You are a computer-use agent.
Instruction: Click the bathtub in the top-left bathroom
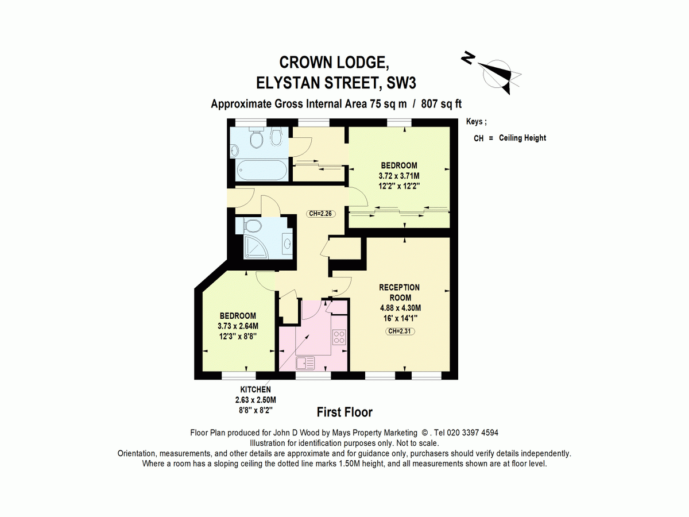coord(262,170)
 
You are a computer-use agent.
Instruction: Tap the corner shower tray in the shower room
coord(257,247)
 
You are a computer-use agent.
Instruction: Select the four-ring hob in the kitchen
coord(339,337)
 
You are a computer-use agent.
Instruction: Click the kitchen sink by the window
coord(305,364)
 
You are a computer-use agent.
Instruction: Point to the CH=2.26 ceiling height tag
coord(320,214)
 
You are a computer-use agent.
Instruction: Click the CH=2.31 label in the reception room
coord(400,331)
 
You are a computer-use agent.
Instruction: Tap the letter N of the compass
coord(468,58)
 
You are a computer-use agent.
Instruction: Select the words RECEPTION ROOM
coord(399,292)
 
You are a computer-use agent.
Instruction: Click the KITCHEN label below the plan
coord(256,389)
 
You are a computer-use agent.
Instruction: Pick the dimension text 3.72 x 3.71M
coord(399,176)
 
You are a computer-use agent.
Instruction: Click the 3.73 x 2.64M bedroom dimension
coord(238,326)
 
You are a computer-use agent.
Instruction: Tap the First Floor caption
coord(344,412)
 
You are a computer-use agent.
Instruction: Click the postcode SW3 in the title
coord(401,83)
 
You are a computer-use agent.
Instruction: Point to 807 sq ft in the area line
coord(441,103)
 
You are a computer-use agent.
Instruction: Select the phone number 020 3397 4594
coord(473,433)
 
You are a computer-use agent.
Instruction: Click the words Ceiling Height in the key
coord(522,138)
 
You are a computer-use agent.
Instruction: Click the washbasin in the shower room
coord(287,242)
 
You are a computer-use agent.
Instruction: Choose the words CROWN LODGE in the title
coord(334,63)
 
